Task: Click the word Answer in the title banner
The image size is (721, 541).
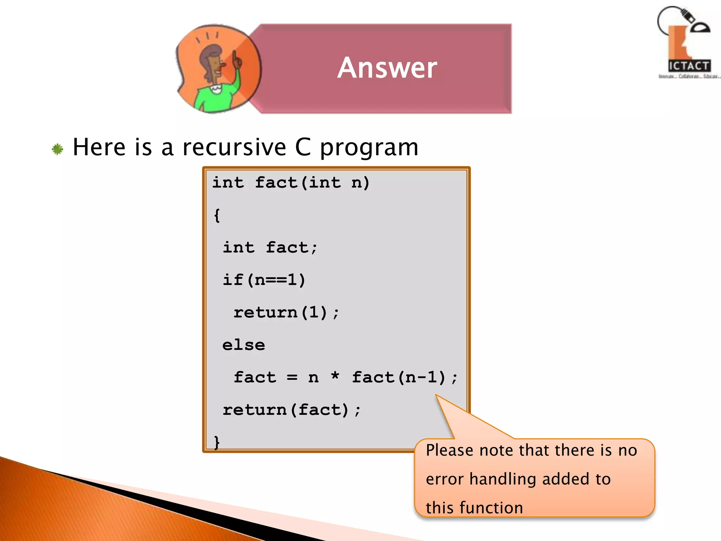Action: [x=387, y=68]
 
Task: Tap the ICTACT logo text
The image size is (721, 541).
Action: [x=689, y=66]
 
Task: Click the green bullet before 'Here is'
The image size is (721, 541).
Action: [x=57, y=149]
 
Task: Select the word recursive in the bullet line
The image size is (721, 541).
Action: [x=234, y=147]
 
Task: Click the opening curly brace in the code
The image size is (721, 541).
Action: [x=217, y=215]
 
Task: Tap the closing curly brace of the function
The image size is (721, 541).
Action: [x=217, y=442]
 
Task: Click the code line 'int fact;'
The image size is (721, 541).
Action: [x=270, y=248]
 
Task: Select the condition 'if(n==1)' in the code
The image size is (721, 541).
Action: [x=264, y=280]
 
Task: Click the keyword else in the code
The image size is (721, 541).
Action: [x=244, y=345]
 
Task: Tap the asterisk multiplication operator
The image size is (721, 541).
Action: [x=335, y=376]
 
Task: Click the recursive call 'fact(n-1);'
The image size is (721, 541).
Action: [x=405, y=378]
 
